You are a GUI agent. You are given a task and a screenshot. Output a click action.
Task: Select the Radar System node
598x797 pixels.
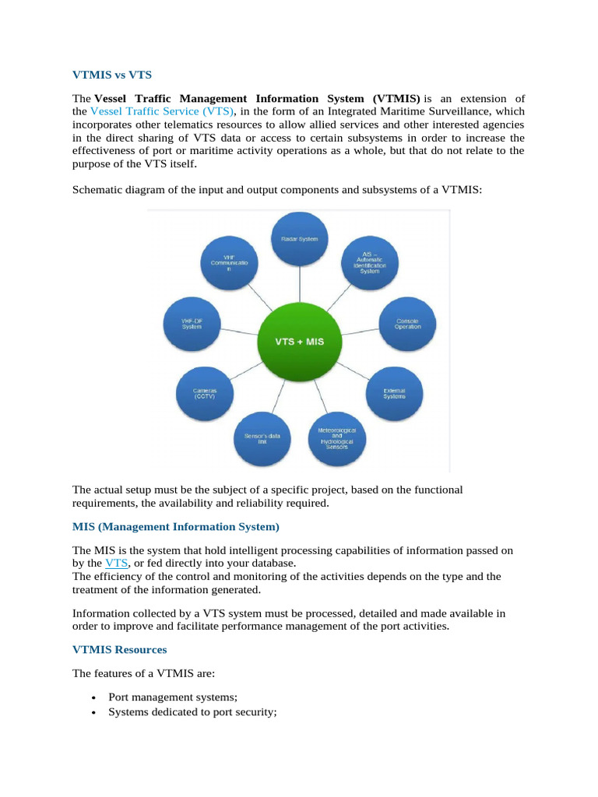click(299, 239)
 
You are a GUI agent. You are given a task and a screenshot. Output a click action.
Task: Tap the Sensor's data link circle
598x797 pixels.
click(262, 438)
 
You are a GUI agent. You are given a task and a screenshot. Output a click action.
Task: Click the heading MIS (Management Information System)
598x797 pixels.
click(175, 527)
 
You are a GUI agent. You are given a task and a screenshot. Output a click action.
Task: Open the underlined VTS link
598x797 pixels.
click(116, 563)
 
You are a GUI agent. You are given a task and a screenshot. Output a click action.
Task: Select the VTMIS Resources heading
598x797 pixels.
click(119, 648)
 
